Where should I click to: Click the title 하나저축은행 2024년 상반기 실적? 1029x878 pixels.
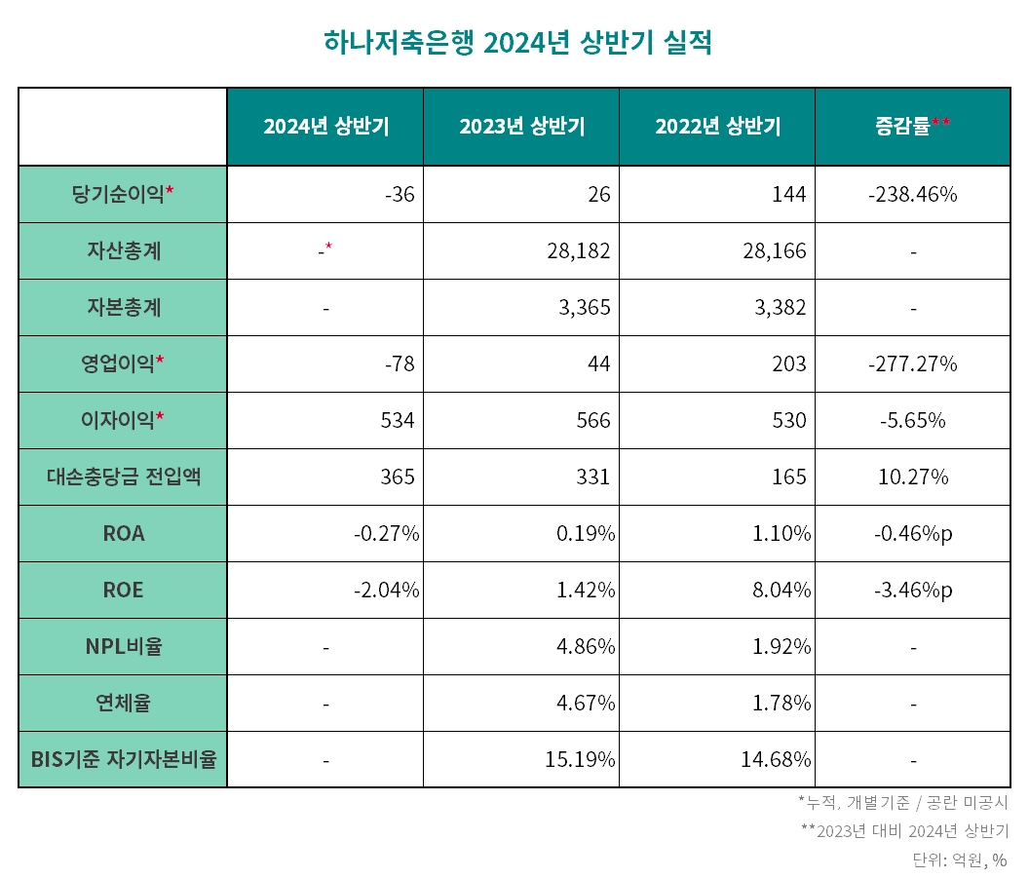point(516,44)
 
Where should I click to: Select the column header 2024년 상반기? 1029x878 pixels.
point(325,127)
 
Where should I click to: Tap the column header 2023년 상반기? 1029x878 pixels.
point(521,127)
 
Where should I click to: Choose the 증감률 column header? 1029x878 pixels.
point(912,126)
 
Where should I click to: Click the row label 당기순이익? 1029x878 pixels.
point(123,194)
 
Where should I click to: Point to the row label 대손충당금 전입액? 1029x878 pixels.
point(123,477)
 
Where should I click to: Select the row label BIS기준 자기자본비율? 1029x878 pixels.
point(123,759)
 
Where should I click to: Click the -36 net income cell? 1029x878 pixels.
point(400,194)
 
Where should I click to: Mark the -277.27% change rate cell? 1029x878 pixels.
point(912,363)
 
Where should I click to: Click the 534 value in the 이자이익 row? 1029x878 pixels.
point(399,420)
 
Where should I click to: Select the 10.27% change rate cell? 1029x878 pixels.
point(912,477)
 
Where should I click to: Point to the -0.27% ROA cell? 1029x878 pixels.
point(386,533)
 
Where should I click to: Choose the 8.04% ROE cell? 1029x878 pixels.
point(781,590)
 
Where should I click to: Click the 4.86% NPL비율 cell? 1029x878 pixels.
point(585,646)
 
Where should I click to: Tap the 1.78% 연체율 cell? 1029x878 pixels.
point(781,703)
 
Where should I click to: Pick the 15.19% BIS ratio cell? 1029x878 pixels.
point(580,759)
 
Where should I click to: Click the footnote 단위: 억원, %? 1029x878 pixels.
point(959,859)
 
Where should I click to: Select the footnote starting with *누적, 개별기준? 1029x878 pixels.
point(902,803)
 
